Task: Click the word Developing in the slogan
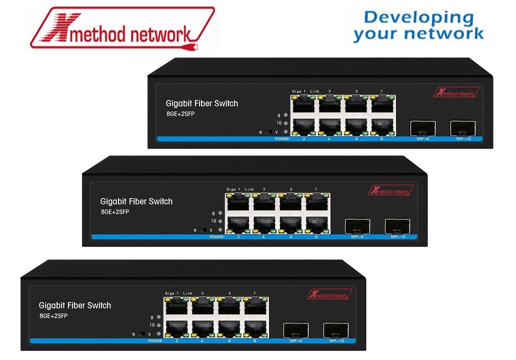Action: tap(418, 17)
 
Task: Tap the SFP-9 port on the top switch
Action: tap(423, 128)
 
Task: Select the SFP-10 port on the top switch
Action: tap(462, 128)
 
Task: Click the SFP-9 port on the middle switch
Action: tap(357, 226)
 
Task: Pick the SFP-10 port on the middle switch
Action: tap(397, 226)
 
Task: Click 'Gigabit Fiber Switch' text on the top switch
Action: tap(202, 103)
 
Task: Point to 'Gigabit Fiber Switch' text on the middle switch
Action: tap(136, 201)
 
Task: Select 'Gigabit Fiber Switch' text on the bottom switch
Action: tap(75, 305)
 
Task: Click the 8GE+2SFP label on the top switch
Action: tap(181, 114)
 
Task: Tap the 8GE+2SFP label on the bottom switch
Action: tap(53, 316)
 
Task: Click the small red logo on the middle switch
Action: tap(391, 190)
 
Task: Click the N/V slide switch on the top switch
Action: tap(268, 132)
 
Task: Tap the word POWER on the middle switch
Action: tap(216, 236)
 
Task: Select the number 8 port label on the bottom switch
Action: tap(254, 340)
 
